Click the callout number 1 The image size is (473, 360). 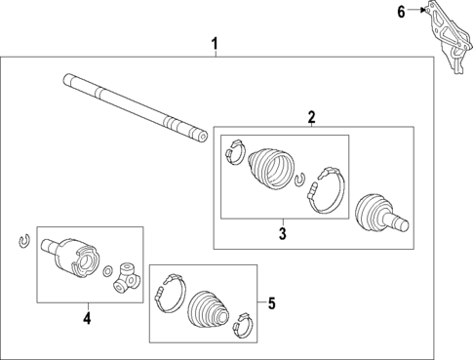pos(216,44)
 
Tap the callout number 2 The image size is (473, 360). pos(311,118)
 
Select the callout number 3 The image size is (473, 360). pos(283,233)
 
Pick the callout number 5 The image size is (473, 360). pos(271,303)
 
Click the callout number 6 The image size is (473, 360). pos(400,12)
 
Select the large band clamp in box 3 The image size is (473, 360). pos(326,189)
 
